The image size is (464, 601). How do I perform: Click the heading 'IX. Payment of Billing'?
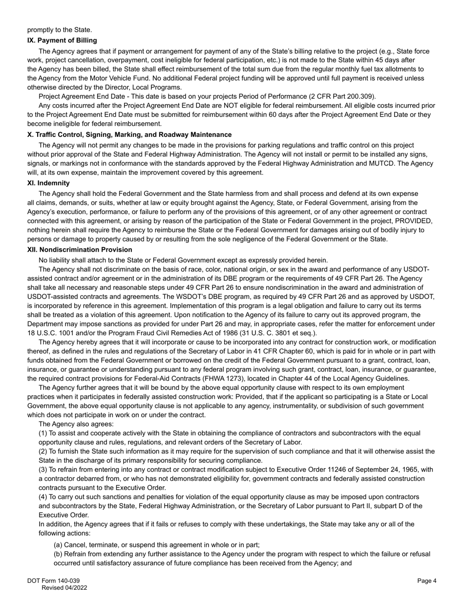click(62, 40)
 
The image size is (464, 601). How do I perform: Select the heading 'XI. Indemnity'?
click(48, 183)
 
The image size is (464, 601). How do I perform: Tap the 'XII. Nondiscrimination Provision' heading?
click(80, 250)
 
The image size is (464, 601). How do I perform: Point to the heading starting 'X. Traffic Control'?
click(129, 135)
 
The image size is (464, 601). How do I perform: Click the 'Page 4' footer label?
click(427, 581)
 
